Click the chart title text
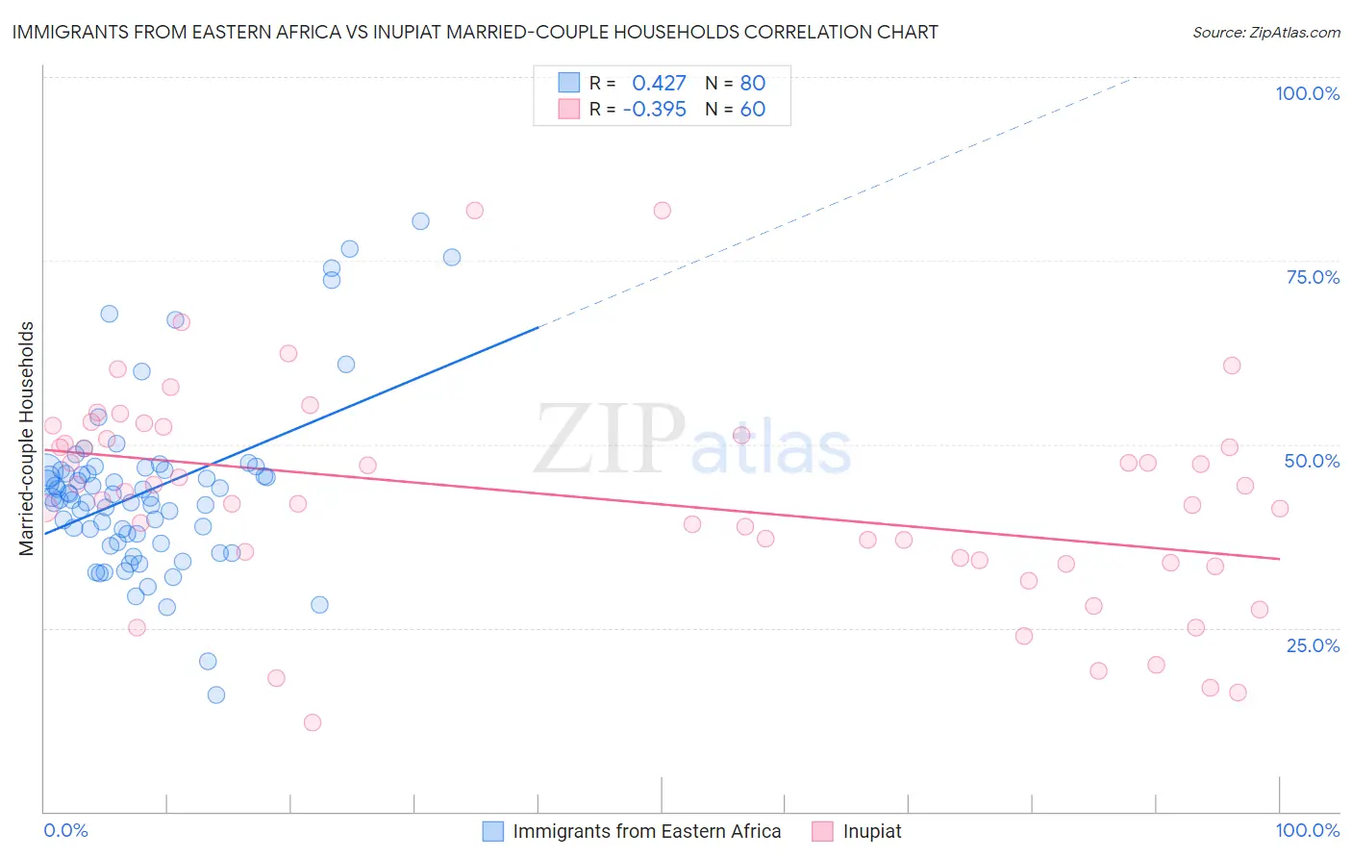click(475, 32)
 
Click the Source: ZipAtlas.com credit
click(1265, 33)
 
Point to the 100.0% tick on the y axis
click(1307, 93)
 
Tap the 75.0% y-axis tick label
click(1313, 277)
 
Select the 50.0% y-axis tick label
click(1312, 461)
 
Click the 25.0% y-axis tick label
click(1313, 645)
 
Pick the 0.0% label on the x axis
click(65, 830)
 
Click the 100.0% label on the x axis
click(1307, 830)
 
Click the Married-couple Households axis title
click(27, 439)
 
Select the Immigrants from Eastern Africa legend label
click(646, 831)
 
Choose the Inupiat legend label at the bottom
click(872, 831)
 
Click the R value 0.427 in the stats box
click(659, 83)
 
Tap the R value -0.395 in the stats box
click(654, 109)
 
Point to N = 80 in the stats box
click(735, 83)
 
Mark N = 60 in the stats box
click(735, 109)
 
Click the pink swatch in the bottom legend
click(822, 831)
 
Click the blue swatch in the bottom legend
click(493, 831)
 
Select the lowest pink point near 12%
click(312, 722)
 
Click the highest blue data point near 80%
click(420, 221)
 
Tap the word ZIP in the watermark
click(610, 440)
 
